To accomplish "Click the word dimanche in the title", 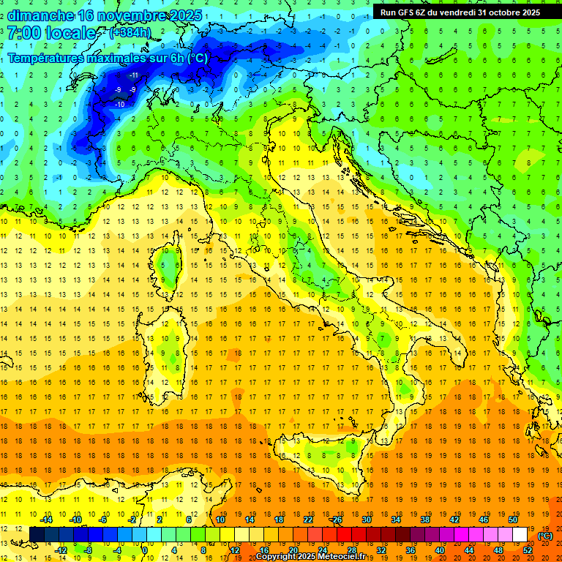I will click(40, 15).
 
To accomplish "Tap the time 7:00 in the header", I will click(23, 33).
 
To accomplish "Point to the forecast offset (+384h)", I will click(130, 33).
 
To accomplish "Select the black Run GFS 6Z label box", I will click(459, 12).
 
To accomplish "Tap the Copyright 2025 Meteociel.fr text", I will click(315, 556).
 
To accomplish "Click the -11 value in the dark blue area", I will click(135, 75).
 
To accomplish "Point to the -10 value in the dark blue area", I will click(119, 105).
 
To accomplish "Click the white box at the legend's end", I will click(520, 534).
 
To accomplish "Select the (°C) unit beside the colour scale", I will click(545, 536).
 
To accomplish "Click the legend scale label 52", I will click(528, 550).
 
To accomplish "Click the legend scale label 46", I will click(483, 520).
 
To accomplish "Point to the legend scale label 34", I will click(396, 520).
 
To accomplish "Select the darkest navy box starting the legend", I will click(37, 534).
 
